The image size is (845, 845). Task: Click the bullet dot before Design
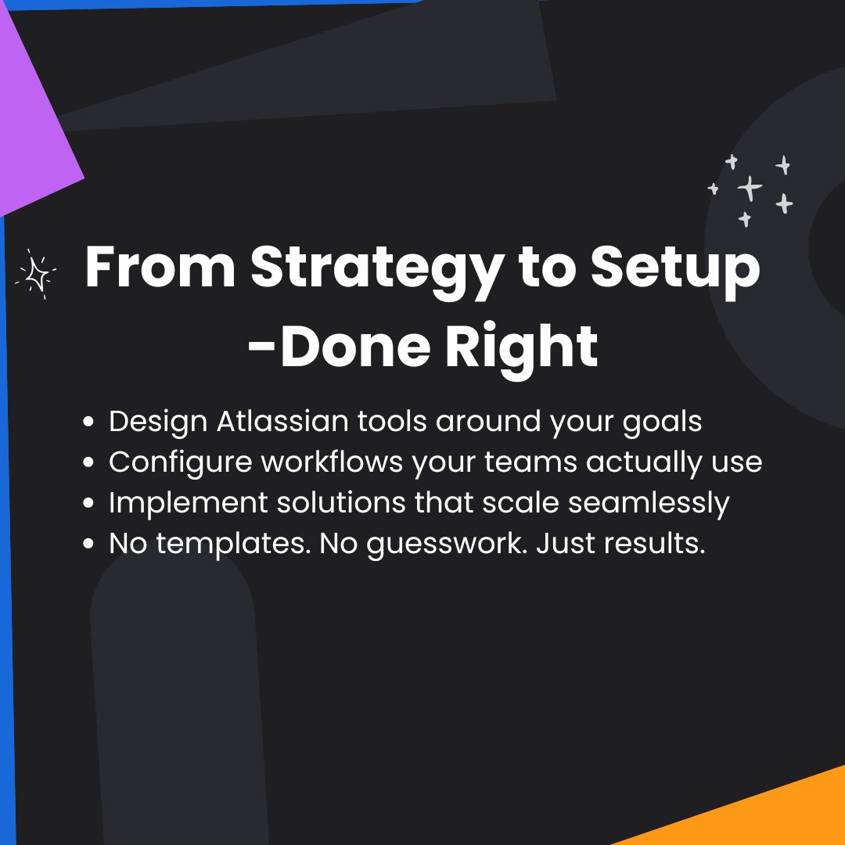pyautogui.click(x=89, y=422)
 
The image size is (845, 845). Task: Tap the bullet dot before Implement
pyautogui.click(x=89, y=504)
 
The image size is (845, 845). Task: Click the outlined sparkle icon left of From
pyautogui.click(x=36, y=274)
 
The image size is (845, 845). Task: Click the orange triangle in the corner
pyautogui.click(x=767, y=814)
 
